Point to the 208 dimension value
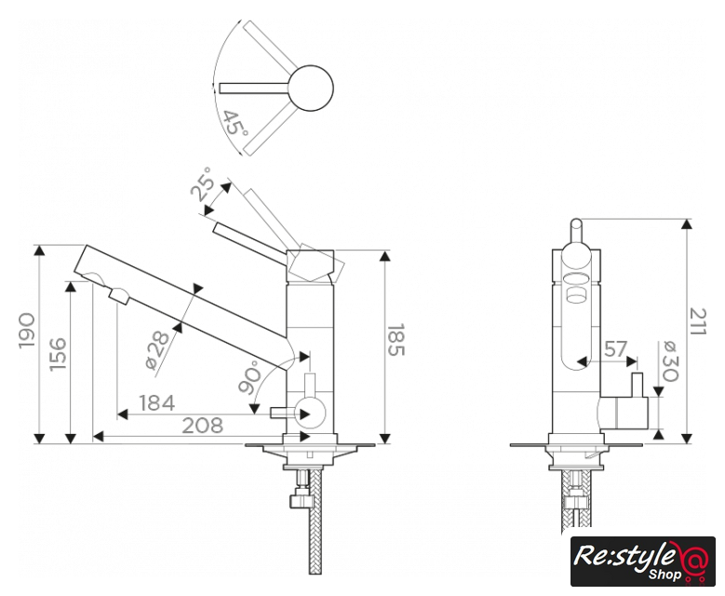pos(202,426)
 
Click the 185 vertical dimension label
pos(396,341)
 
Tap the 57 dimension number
pos(615,349)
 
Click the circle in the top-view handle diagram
pos(309,88)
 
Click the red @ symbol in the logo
pos(694,560)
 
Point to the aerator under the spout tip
pos(119,296)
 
